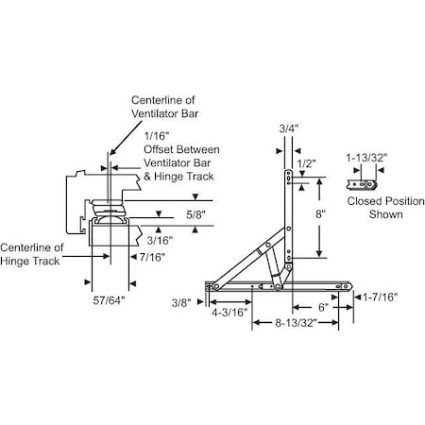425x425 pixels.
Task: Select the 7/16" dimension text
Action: click(150, 257)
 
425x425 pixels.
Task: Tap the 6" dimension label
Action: click(322, 307)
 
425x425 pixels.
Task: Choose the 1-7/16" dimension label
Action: click(382, 297)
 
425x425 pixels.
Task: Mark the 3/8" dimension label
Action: click(182, 302)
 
